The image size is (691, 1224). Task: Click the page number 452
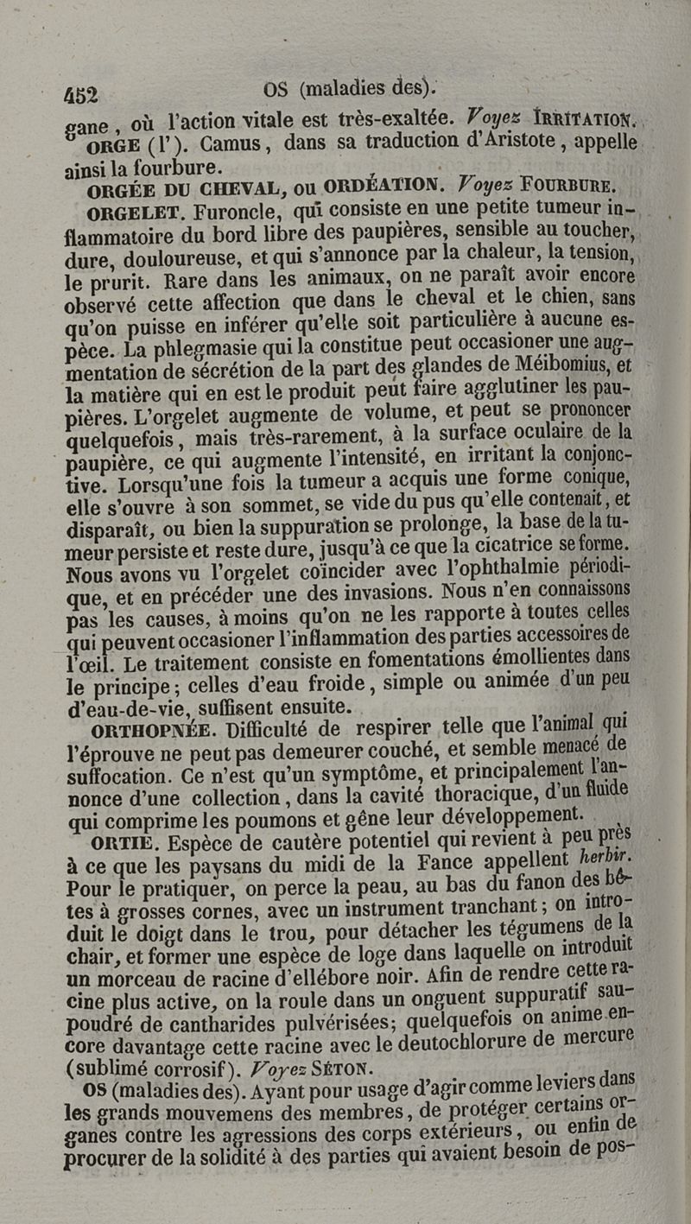pos(82,93)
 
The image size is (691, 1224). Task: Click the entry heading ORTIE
pos(122,840)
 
